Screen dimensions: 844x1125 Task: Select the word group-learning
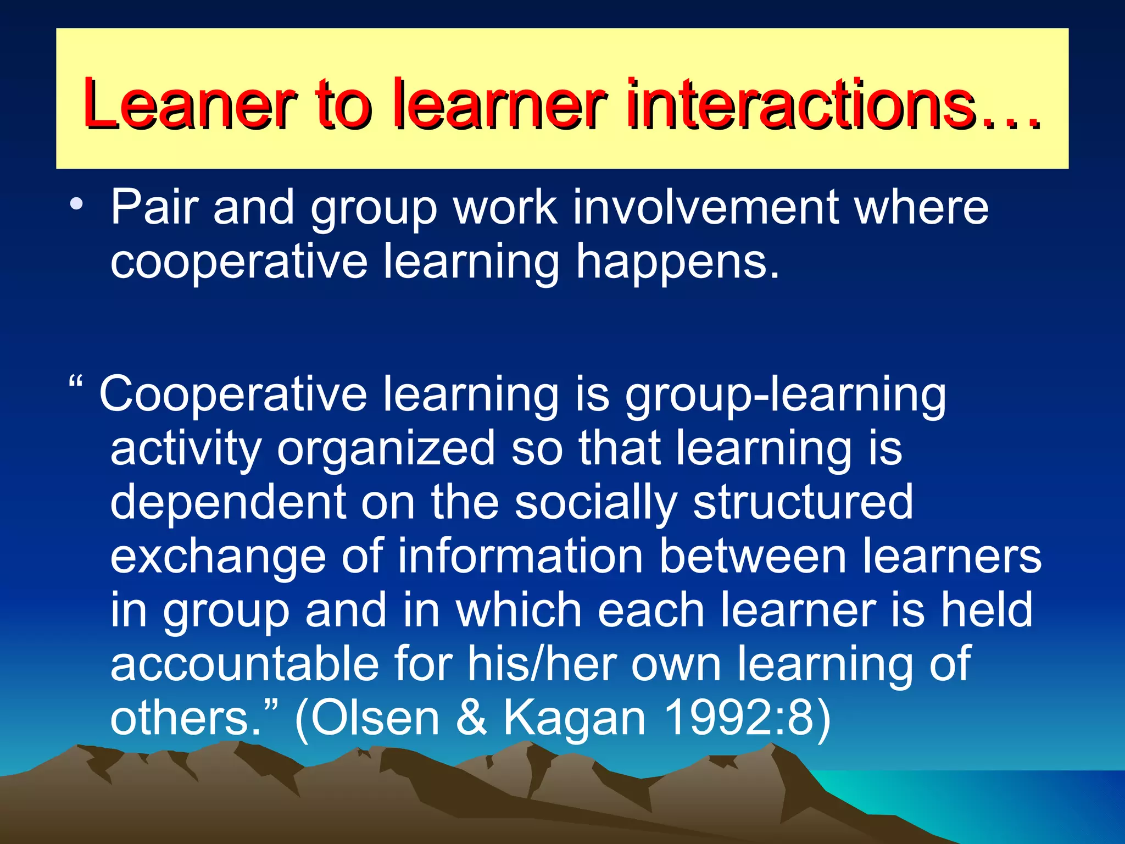click(x=786, y=396)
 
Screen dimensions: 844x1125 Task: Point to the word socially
click(x=595, y=503)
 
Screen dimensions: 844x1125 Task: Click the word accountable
click(x=244, y=664)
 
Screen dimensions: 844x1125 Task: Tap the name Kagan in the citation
click(x=575, y=719)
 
